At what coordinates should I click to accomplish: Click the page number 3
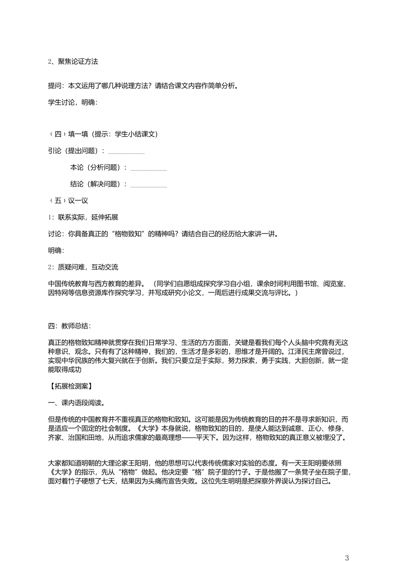click(x=347, y=557)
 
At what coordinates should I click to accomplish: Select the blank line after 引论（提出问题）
click(x=126, y=151)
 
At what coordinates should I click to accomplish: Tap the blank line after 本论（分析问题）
click(x=148, y=168)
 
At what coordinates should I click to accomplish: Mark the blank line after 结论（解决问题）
click(x=148, y=185)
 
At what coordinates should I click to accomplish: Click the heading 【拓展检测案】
click(x=70, y=386)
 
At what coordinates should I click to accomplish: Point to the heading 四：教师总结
click(x=69, y=326)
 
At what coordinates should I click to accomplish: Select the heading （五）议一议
click(x=69, y=201)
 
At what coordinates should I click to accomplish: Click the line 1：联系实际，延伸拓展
click(x=83, y=217)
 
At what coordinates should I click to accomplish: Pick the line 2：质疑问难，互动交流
click(x=83, y=267)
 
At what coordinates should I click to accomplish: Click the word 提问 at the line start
click(x=55, y=86)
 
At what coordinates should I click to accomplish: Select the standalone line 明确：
click(x=56, y=250)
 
